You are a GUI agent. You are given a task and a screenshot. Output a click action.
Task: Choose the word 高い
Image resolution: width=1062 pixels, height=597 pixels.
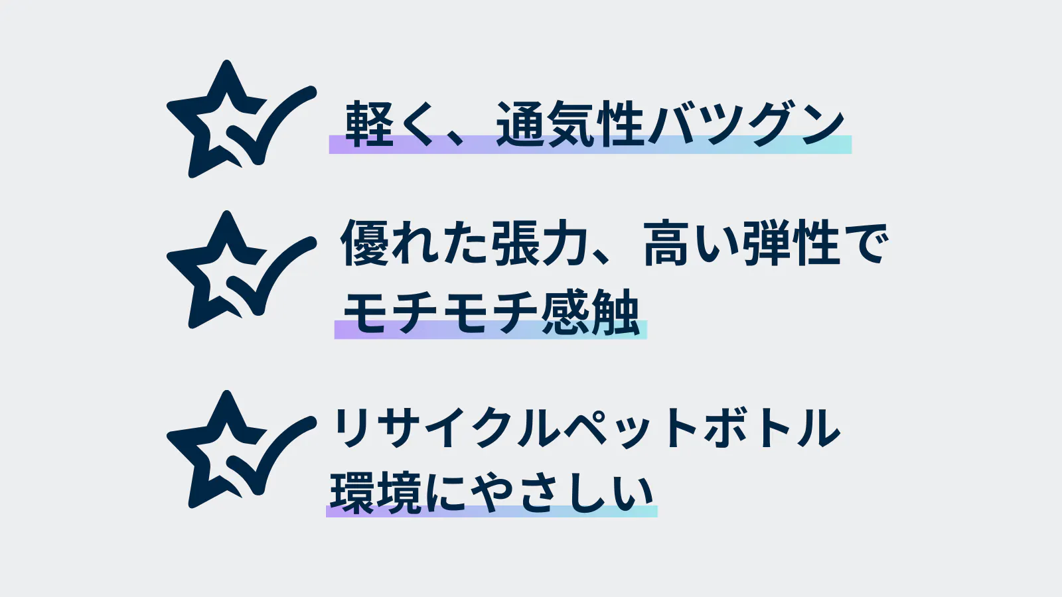point(691,243)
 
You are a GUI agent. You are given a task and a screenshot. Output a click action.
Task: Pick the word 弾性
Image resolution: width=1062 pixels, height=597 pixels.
point(791,243)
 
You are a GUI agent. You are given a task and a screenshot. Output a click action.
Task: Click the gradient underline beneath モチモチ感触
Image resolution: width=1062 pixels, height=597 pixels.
point(491,329)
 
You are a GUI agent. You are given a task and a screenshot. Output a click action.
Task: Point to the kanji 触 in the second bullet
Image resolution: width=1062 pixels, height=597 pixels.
point(616,312)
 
